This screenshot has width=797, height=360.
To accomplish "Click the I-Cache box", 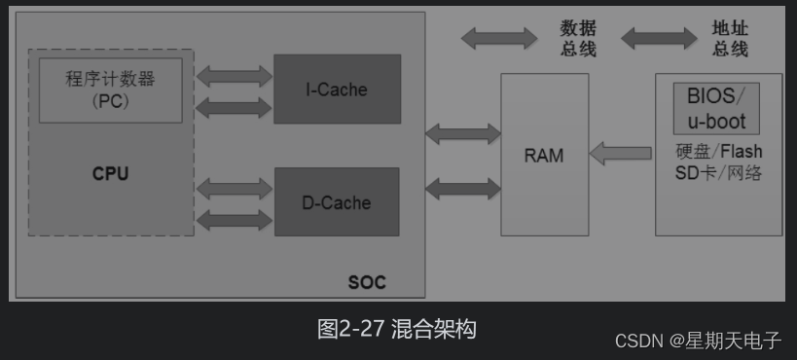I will coord(337,90).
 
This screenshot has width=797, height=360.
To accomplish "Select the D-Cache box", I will coord(337,202).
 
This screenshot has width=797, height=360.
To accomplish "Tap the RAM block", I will coord(544,155).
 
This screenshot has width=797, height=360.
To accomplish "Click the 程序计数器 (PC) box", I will coord(110,89).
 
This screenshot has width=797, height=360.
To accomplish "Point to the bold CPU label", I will coord(110,174).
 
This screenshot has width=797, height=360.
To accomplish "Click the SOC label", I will coord(367,283).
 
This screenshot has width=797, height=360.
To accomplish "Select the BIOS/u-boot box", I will coord(716,108).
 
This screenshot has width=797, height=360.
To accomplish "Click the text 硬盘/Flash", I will coord(718,152).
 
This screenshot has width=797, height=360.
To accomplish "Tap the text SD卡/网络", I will coord(718,173).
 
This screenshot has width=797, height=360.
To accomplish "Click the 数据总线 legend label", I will coord(577,39).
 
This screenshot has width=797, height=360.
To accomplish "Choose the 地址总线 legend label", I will coord(730,39).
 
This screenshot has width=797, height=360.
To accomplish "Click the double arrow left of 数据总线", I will coord(498,39).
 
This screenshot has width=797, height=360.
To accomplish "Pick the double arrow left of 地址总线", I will coord(659,39).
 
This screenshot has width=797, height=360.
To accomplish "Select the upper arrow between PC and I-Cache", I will coord(235,75).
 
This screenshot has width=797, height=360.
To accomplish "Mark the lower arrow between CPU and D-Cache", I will coord(235,220).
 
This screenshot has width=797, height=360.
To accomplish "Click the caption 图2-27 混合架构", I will coord(397,329).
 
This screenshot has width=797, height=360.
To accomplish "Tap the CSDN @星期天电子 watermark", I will coord(698,341).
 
